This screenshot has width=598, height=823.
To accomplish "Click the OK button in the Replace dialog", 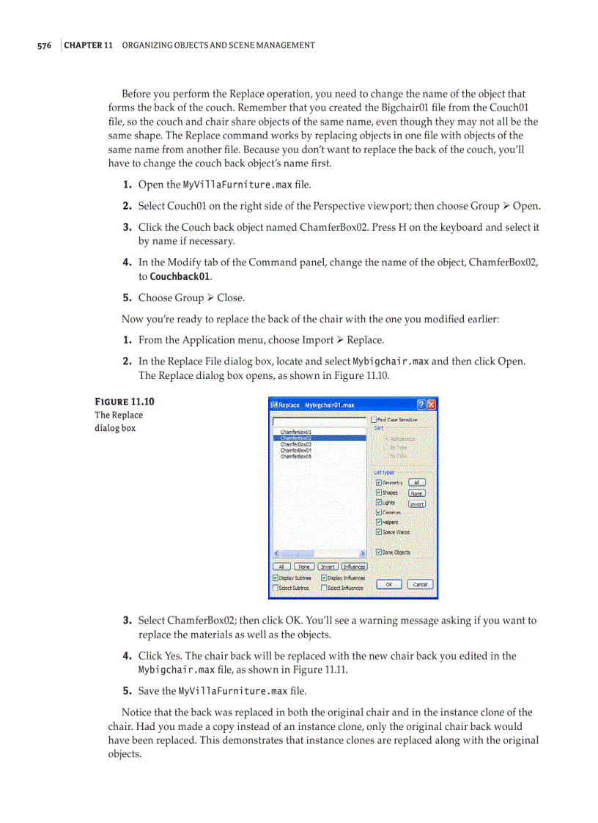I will point(390,584).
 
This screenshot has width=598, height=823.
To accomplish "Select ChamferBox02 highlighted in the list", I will point(295,438).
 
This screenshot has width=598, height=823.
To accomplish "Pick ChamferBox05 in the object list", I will point(295,456).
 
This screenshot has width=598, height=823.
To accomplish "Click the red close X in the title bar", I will point(432,404).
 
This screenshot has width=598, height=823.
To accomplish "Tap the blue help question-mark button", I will point(421,404).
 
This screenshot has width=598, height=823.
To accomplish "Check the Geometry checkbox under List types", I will point(378,483).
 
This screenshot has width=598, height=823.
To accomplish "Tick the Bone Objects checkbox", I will point(378,552).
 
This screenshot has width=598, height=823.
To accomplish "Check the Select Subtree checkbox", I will point(276,588).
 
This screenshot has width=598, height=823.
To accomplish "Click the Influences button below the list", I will point(354,566).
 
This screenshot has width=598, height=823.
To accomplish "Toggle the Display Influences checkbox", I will point(324,578).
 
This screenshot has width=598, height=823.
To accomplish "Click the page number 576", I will point(44,45).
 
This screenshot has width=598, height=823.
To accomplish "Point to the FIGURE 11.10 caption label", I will point(125,402).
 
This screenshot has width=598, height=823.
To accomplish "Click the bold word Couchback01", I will point(180,277).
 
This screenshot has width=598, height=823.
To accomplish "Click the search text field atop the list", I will point(319,421).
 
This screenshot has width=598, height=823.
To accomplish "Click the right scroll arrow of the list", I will point(363,553).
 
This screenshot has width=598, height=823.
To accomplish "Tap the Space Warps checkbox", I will point(378,532).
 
